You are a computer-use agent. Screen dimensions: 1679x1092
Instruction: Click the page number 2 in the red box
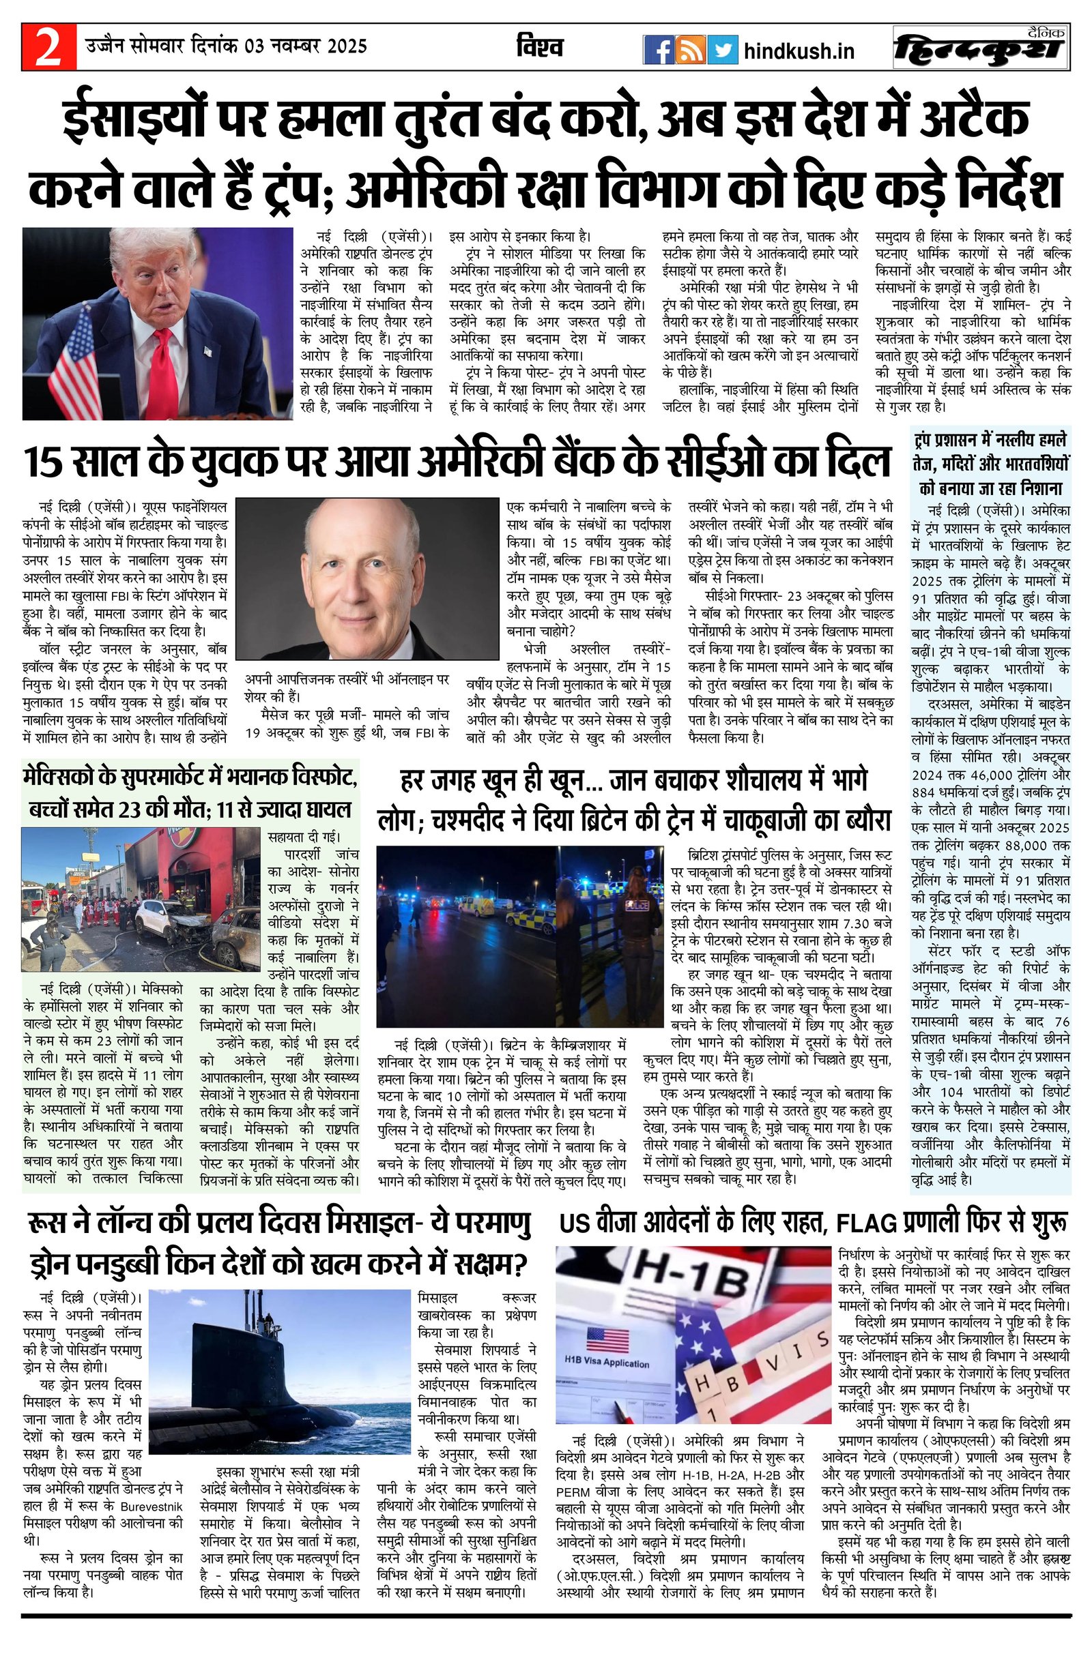[47, 48]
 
